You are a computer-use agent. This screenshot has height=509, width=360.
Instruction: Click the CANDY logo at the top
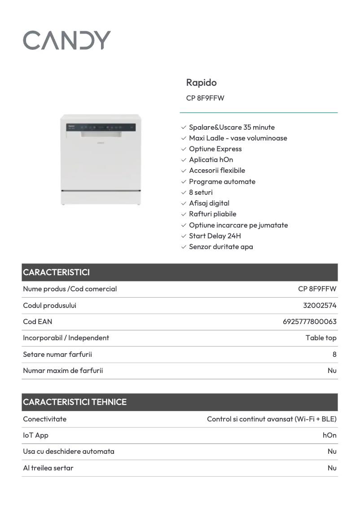pos(67,40)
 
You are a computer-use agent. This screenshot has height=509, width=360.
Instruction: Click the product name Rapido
pos(201,83)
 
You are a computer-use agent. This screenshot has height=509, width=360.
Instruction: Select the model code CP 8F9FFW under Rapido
pos(205,98)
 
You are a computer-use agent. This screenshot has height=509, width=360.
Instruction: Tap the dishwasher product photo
pos(101,160)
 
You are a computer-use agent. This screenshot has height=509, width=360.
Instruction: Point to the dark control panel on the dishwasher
pos(101,127)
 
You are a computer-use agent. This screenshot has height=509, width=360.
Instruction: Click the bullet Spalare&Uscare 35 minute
pos(232,127)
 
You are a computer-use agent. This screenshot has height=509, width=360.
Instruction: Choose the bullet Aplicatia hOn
pos(211,160)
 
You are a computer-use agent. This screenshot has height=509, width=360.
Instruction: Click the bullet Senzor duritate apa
pos(221,247)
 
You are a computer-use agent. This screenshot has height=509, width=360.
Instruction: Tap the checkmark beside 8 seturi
pos(184,193)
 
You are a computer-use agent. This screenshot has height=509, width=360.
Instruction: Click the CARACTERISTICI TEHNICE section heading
pos(75,402)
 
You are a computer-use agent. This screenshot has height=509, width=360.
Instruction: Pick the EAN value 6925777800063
pos(310,322)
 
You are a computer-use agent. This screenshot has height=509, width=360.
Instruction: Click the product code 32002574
pos(320,306)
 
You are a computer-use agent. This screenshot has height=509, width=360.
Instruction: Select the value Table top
pos(321,338)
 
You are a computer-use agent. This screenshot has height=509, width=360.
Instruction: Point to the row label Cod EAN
pos(38,322)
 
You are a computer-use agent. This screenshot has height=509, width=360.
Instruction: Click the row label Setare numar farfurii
pos(57,355)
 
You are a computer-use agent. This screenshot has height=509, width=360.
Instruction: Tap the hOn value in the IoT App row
pos(329,435)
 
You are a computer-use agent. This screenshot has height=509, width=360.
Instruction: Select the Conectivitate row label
pos(45,419)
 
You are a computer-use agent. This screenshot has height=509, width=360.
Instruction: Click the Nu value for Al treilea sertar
pos(332,468)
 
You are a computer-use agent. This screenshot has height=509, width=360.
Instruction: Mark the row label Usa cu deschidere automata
pos(69,452)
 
